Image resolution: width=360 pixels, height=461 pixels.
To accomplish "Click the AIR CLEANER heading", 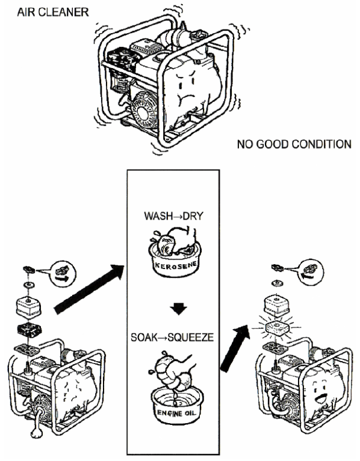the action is point(53,12).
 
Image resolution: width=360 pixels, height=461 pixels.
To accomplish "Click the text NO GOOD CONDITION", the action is point(294,144).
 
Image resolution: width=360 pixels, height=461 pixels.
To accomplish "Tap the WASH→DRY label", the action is point(173,216).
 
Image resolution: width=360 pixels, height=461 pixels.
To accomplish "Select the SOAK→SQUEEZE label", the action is point(172,337).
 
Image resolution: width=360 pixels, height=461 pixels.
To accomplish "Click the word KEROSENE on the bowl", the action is point(176,266).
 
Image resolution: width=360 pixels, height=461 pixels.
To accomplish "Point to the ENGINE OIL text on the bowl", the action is point(176,413).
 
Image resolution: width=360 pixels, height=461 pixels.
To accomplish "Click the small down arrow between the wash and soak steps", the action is point(179,308).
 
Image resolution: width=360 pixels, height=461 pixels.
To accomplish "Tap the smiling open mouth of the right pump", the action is point(320,398).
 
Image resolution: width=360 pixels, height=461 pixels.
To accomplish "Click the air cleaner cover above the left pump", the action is point(28,308).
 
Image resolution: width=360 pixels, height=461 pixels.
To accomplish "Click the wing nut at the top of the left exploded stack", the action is point(29,269).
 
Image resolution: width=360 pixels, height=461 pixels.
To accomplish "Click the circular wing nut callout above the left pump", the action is point(63,274).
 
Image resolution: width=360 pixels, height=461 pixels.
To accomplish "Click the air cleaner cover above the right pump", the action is point(276,306).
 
